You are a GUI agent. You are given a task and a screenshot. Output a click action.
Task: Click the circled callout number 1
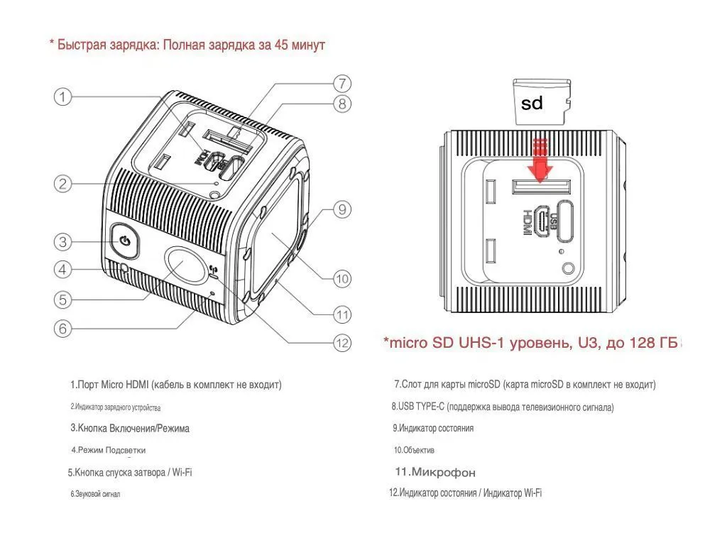64,97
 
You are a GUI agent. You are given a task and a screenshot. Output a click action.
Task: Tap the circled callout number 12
342,343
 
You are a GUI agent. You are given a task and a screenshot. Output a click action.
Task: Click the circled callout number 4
63,270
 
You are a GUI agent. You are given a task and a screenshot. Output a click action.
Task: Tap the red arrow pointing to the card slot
542,162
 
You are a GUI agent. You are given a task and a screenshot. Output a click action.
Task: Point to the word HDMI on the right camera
528,222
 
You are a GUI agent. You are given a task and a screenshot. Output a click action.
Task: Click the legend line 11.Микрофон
435,472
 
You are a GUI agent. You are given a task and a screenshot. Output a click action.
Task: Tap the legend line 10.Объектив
414,450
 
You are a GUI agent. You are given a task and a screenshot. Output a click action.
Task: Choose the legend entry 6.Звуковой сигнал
94,494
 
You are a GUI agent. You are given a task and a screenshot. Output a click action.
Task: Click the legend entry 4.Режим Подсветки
108,450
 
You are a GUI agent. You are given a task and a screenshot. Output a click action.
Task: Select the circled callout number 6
63,329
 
